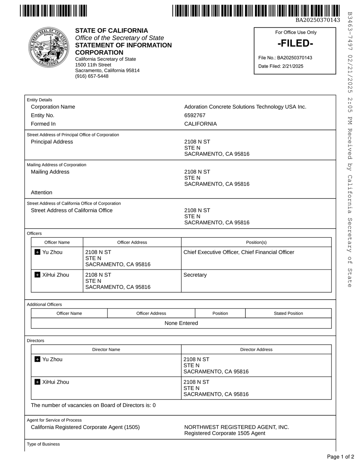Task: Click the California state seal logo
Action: coord(49,47)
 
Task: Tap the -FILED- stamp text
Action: coord(295,44)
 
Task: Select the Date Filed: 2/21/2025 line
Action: coord(281,66)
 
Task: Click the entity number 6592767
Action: coord(195,115)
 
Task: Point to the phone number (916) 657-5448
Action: coord(92,76)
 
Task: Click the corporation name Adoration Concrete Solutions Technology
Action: coord(245,107)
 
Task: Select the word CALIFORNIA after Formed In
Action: coord(200,124)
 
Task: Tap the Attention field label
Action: coord(41,192)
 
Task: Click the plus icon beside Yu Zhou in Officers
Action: coord(38,252)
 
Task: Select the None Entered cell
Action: coord(181,323)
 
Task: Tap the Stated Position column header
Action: coord(288,313)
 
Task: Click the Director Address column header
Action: coord(256,350)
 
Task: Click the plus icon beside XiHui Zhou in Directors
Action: coord(38,382)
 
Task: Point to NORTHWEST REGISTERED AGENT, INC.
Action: coord(237,427)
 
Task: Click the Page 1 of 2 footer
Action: coord(340,457)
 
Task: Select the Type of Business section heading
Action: coord(43,444)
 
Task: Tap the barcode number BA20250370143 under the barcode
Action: coord(317,20)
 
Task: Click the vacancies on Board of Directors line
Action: coord(93,405)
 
